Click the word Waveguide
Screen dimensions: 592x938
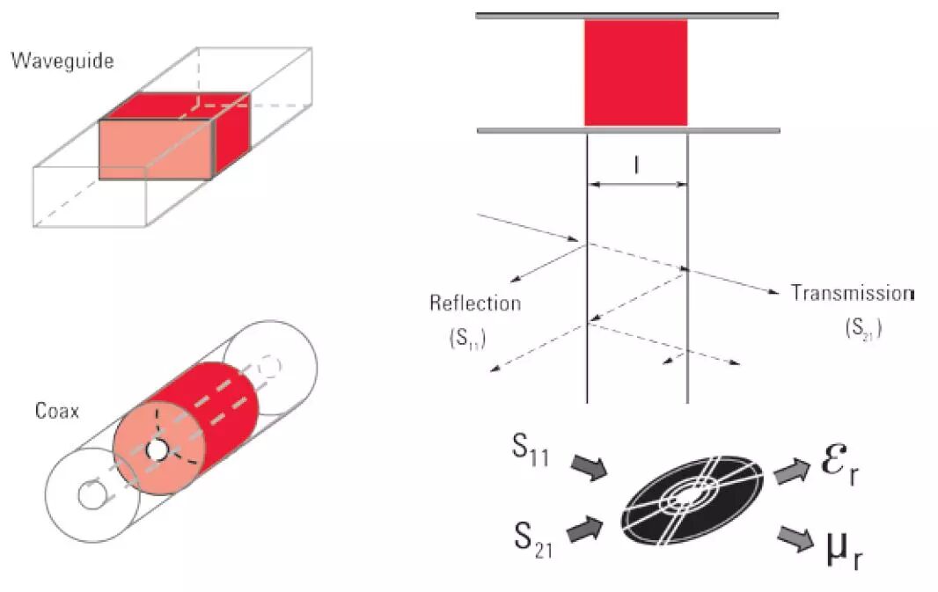(x=62, y=62)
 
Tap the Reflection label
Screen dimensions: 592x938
(x=475, y=303)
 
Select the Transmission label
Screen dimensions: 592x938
(x=852, y=293)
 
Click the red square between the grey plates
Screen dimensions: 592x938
(x=635, y=73)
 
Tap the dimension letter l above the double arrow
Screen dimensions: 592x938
(x=636, y=164)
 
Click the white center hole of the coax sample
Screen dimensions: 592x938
(x=158, y=450)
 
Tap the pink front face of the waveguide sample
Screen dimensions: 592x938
(x=155, y=150)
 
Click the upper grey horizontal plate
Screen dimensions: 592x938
(x=627, y=15)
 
